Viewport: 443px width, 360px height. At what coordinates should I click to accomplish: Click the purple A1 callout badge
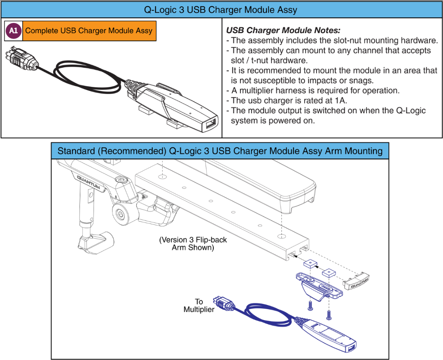[x=13, y=31]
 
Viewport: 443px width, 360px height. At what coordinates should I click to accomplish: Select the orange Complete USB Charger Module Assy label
[x=89, y=31]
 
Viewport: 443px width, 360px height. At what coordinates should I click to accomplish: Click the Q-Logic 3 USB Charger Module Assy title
[x=221, y=10]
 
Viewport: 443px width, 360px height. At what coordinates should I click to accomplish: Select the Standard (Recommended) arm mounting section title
[x=220, y=151]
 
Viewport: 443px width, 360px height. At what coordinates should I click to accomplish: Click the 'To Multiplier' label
[x=199, y=305]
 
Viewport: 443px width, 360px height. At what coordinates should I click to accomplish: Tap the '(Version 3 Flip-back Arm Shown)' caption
[x=193, y=244]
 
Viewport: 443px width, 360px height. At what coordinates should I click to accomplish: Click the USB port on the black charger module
[x=209, y=125]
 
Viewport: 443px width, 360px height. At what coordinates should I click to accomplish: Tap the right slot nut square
[x=329, y=272]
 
